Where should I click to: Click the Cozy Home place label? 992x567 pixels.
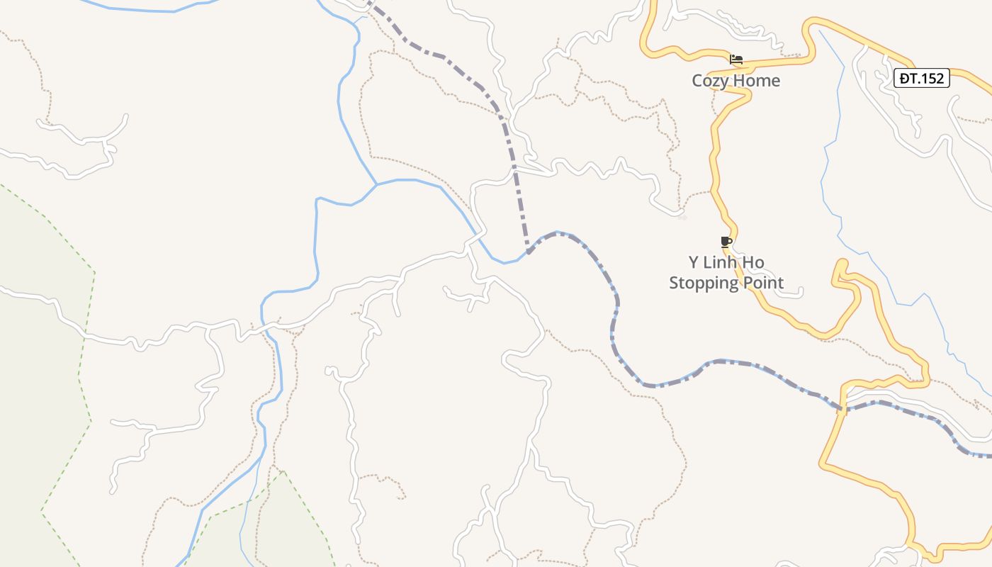[735, 81]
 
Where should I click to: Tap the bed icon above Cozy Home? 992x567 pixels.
[736, 60]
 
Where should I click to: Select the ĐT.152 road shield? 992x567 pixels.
[921, 78]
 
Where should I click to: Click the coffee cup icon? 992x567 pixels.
[726, 242]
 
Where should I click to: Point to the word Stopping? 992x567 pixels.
[704, 283]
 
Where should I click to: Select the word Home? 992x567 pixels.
[757, 81]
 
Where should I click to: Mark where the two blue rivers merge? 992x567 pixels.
[376, 184]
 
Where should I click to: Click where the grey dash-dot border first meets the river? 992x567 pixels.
[529, 252]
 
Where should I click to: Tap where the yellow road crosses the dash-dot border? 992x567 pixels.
[842, 409]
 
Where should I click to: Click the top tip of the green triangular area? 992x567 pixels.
[283, 471]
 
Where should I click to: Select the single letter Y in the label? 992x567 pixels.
[694, 263]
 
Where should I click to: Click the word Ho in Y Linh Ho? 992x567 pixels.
[754, 263]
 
